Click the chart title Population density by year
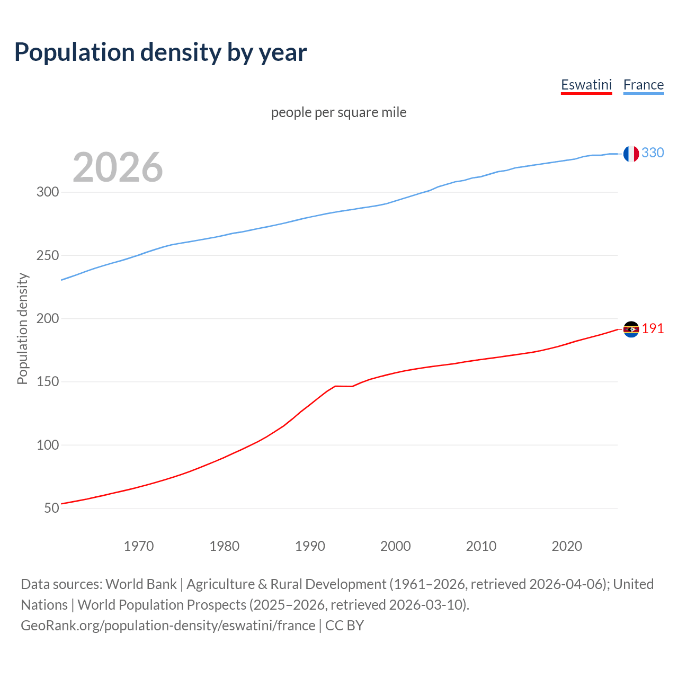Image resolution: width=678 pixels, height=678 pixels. [160, 52]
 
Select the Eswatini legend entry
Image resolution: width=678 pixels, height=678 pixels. [586, 85]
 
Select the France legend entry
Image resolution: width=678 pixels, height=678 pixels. [644, 85]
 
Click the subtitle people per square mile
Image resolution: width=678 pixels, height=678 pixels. [338, 112]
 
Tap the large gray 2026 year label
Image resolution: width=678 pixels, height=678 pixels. [118, 167]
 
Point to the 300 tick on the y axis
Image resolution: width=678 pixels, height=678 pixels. [48, 192]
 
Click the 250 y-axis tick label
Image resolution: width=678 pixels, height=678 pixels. [48, 255]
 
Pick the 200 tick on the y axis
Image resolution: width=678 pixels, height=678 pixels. [48, 318]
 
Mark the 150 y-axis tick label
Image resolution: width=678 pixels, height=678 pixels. [48, 382]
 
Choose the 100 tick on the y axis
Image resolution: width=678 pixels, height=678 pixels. [48, 445]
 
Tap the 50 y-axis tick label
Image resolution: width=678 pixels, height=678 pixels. [51, 508]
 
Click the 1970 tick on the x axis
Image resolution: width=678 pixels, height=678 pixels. [139, 546]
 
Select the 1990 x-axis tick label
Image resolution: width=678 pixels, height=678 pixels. [310, 546]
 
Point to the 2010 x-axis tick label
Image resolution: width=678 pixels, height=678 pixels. [481, 546]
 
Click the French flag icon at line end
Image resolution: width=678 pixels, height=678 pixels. [631, 154]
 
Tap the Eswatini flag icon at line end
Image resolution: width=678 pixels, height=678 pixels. [631, 329]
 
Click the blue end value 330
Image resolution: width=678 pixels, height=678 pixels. [653, 153]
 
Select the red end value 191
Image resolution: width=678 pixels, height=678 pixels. [653, 329]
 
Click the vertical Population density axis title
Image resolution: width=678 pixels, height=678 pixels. [22, 328]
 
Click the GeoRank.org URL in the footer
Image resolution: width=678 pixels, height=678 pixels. [168, 626]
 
